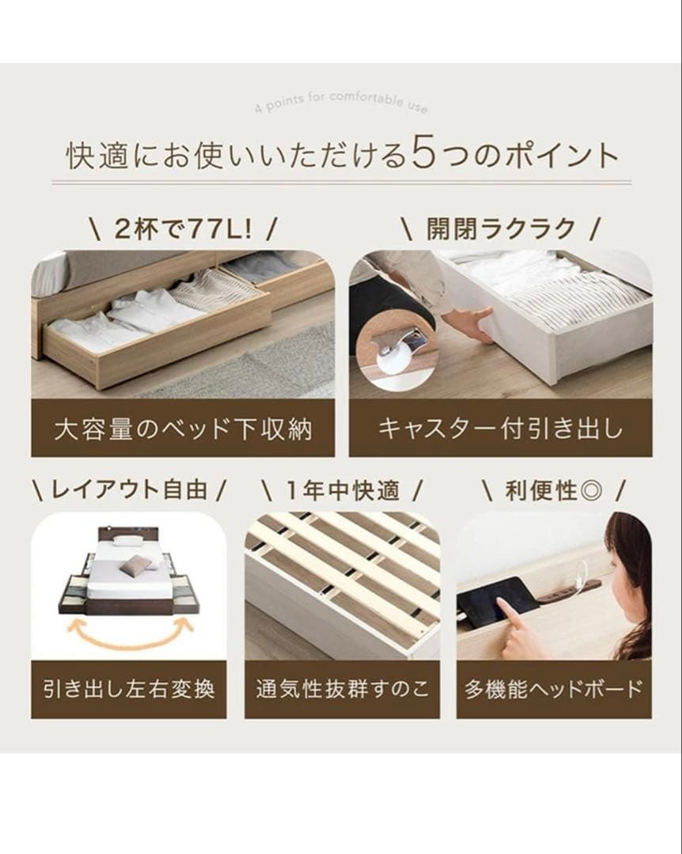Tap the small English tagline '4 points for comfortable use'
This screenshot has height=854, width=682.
(x=340, y=103)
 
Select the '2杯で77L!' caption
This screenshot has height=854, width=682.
(x=182, y=229)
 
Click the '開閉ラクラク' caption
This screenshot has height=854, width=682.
(x=500, y=229)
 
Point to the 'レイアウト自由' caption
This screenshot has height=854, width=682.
(x=129, y=490)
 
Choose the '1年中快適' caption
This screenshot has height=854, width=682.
(x=342, y=490)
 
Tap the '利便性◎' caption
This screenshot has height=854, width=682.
(x=553, y=490)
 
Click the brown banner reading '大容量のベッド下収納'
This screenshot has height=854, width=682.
(x=183, y=429)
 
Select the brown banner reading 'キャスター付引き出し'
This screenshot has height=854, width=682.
(x=500, y=429)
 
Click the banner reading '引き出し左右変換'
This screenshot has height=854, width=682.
(x=129, y=689)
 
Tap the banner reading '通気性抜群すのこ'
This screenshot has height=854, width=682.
(x=342, y=689)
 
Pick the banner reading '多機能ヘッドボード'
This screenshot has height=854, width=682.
(x=554, y=689)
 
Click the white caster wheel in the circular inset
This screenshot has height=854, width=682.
(x=393, y=360)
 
